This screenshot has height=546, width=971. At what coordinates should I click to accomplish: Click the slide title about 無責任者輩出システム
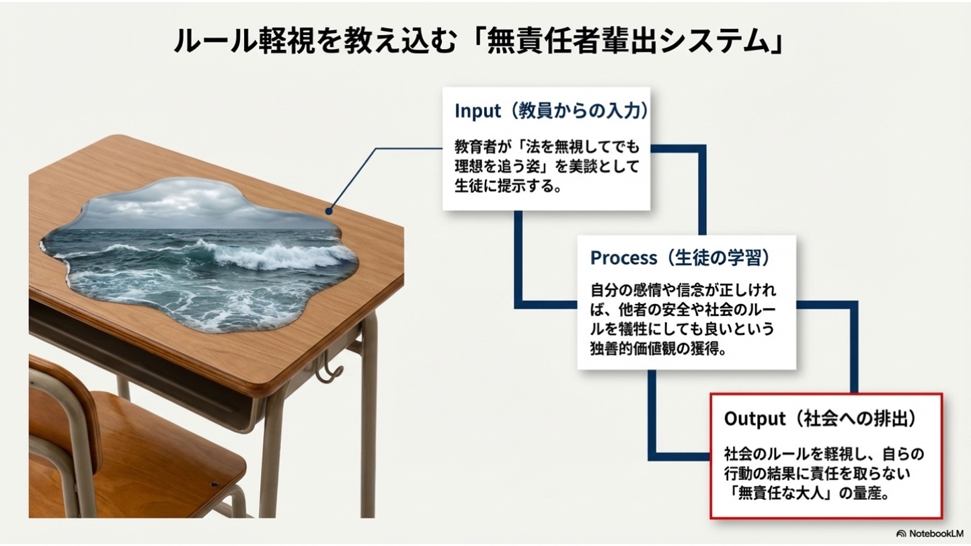[478, 42]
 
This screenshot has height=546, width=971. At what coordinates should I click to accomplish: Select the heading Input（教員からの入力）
[551, 111]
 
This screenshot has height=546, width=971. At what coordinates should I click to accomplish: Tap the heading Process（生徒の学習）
[680, 258]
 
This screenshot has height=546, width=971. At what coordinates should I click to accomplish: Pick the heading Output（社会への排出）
[820, 418]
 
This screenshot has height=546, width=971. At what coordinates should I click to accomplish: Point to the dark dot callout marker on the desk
[329, 211]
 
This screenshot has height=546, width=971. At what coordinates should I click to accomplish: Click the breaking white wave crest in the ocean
[269, 255]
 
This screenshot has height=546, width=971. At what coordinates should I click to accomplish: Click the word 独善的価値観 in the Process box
[637, 349]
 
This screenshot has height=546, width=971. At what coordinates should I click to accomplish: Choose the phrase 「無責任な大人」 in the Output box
[781, 494]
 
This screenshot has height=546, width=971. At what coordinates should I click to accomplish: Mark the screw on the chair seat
[214, 483]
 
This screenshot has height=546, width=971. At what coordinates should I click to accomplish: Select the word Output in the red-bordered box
[754, 419]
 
